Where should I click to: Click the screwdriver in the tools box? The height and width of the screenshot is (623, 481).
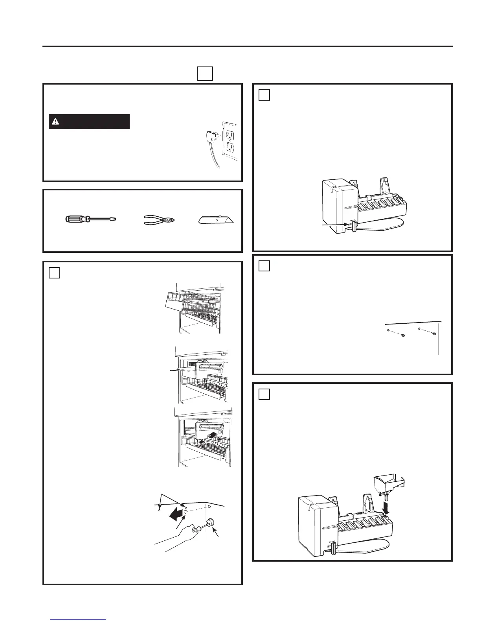90,219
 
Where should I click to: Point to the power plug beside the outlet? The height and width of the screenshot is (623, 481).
211,137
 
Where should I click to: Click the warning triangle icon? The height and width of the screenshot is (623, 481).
55,122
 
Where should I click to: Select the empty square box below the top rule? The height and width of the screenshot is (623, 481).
205,74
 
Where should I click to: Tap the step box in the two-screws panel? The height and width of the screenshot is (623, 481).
264,266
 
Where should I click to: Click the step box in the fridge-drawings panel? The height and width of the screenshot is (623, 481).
55,273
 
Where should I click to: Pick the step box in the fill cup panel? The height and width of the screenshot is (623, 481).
264,394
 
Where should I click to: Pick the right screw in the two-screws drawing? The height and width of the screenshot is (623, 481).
433,334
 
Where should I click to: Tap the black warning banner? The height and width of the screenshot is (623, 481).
89,122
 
